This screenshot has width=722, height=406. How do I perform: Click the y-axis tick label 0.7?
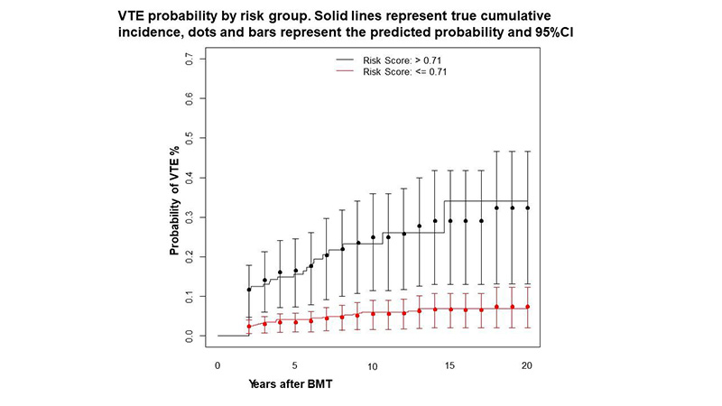point(190,59)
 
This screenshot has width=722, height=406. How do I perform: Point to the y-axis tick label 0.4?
point(190,178)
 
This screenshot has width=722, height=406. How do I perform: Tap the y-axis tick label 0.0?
point(190,336)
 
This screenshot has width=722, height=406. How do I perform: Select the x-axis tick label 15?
point(449,364)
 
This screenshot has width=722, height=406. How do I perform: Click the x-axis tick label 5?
point(295,364)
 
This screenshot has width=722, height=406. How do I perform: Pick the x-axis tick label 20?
point(527,364)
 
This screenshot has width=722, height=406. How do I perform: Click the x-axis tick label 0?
point(218,364)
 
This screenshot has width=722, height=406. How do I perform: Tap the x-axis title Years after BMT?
point(292,383)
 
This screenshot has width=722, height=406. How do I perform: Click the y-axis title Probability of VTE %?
point(175,197)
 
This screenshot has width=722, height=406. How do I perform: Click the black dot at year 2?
point(249,290)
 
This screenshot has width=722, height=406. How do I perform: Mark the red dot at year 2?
point(249,326)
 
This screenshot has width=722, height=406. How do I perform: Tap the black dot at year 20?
point(527,208)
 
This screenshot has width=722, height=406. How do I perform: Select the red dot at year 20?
point(527,307)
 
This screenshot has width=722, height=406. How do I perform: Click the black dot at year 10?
point(373,237)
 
